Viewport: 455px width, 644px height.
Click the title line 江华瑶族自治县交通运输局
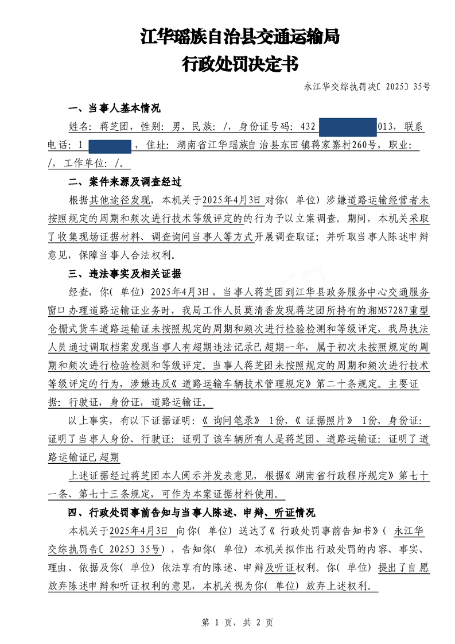tap(240, 38)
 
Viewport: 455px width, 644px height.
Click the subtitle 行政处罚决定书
tap(240, 64)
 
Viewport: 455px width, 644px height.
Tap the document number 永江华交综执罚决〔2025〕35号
tap(367, 87)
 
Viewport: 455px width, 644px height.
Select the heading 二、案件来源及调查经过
tap(125, 182)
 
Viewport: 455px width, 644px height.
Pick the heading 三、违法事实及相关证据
tap(125, 273)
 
